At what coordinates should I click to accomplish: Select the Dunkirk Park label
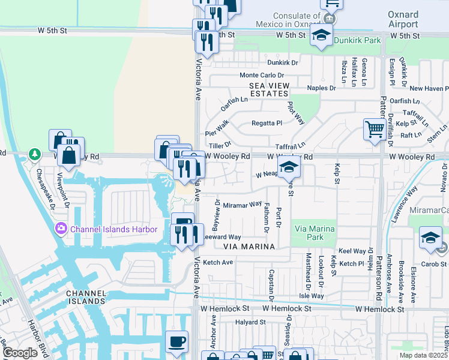click(x=357, y=41)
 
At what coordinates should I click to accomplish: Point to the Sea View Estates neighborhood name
click(x=269, y=89)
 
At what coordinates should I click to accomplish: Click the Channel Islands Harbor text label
click(x=113, y=229)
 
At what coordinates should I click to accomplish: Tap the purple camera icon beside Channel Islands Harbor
click(x=61, y=229)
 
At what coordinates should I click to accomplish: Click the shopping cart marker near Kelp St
click(x=375, y=128)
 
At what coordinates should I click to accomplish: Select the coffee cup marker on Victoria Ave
click(x=176, y=341)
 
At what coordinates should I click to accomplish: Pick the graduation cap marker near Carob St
click(x=430, y=238)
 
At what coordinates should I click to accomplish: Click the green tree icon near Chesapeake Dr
click(x=35, y=154)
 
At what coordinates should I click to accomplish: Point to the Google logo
click(x=20, y=353)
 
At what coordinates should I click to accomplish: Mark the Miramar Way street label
click(x=243, y=205)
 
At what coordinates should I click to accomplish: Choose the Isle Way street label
click(x=312, y=296)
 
